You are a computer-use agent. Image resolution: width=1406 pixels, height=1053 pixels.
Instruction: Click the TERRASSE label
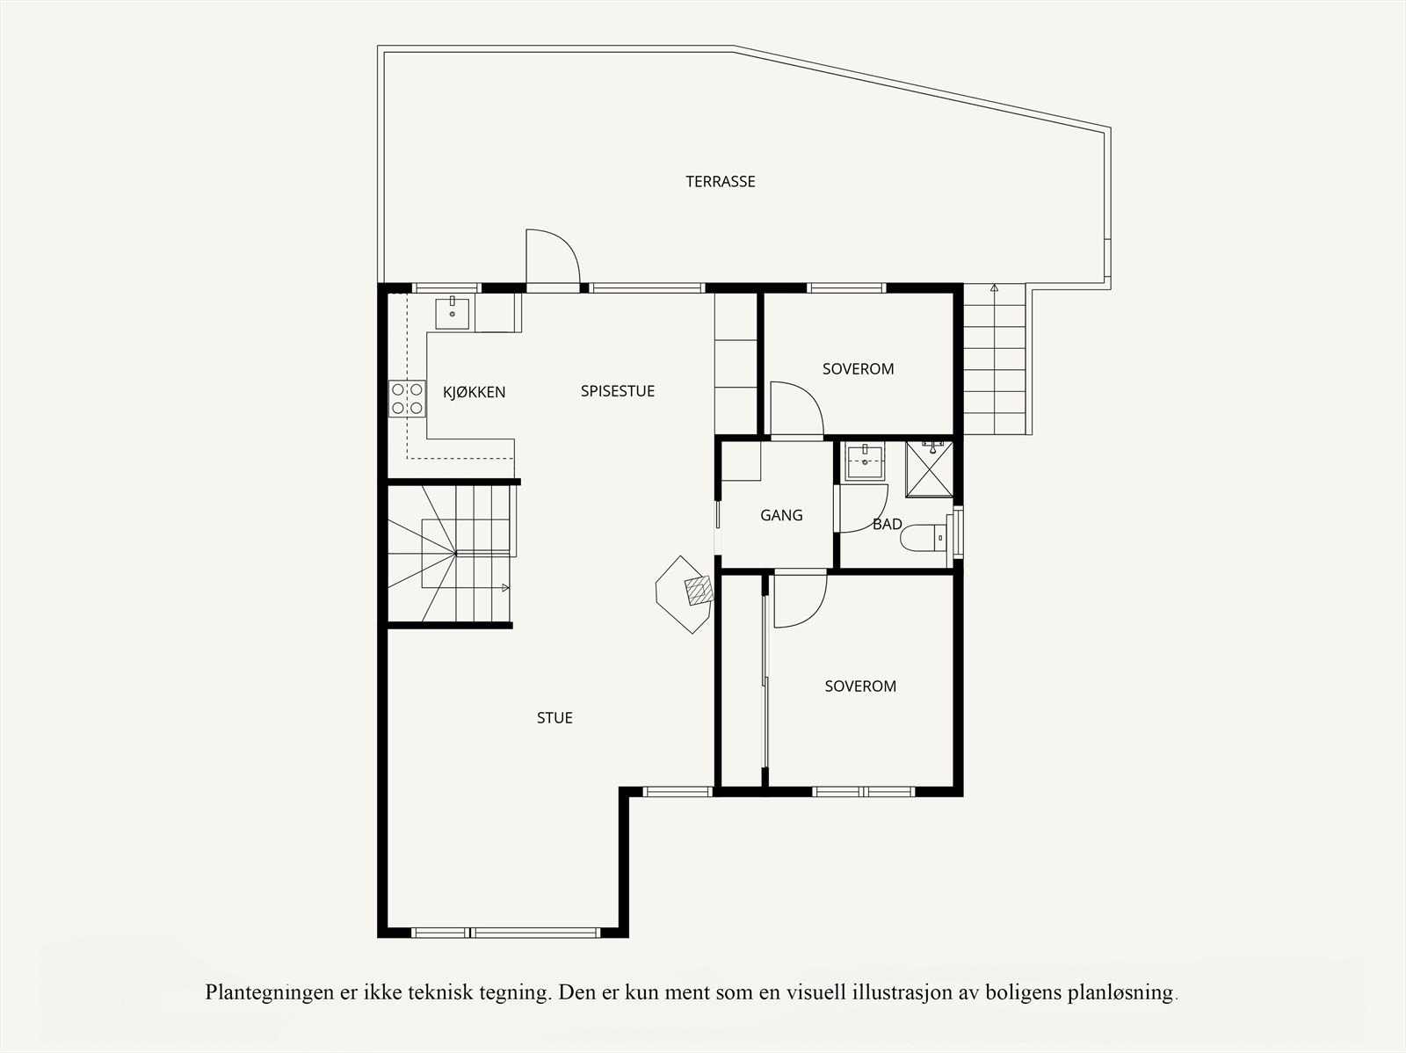[721, 182]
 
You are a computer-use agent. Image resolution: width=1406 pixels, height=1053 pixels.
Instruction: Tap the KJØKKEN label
[475, 392]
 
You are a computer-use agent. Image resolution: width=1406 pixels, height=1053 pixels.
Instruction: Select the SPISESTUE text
[618, 391]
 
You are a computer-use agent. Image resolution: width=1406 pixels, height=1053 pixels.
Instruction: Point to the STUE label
[554, 718]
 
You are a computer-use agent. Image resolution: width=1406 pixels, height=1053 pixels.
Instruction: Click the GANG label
[781, 515]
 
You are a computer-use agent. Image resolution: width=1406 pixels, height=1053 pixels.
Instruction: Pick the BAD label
[888, 524]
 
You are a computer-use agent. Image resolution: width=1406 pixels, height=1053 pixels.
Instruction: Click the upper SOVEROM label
[858, 369]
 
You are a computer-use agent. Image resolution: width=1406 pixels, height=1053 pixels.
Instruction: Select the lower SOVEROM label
[860, 686]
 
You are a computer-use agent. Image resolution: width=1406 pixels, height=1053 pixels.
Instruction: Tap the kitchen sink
[453, 313]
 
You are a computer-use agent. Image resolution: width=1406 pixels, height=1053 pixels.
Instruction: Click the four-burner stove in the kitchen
[407, 398]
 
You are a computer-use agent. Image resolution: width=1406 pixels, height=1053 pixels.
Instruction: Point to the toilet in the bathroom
[924, 537]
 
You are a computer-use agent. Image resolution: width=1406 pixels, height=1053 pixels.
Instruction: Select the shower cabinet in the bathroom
[929, 468]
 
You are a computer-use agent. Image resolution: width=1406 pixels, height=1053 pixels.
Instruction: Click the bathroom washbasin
[865, 461]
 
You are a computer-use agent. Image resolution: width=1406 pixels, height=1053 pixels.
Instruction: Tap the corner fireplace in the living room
[686, 593]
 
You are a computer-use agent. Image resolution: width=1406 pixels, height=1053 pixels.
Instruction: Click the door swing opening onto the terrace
[551, 258]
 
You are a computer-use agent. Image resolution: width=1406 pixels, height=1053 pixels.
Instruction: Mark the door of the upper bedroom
[795, 410]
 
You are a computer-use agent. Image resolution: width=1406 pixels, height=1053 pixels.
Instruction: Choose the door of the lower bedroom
[799, 599]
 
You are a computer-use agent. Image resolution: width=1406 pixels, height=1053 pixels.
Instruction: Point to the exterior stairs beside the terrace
[995, 360]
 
